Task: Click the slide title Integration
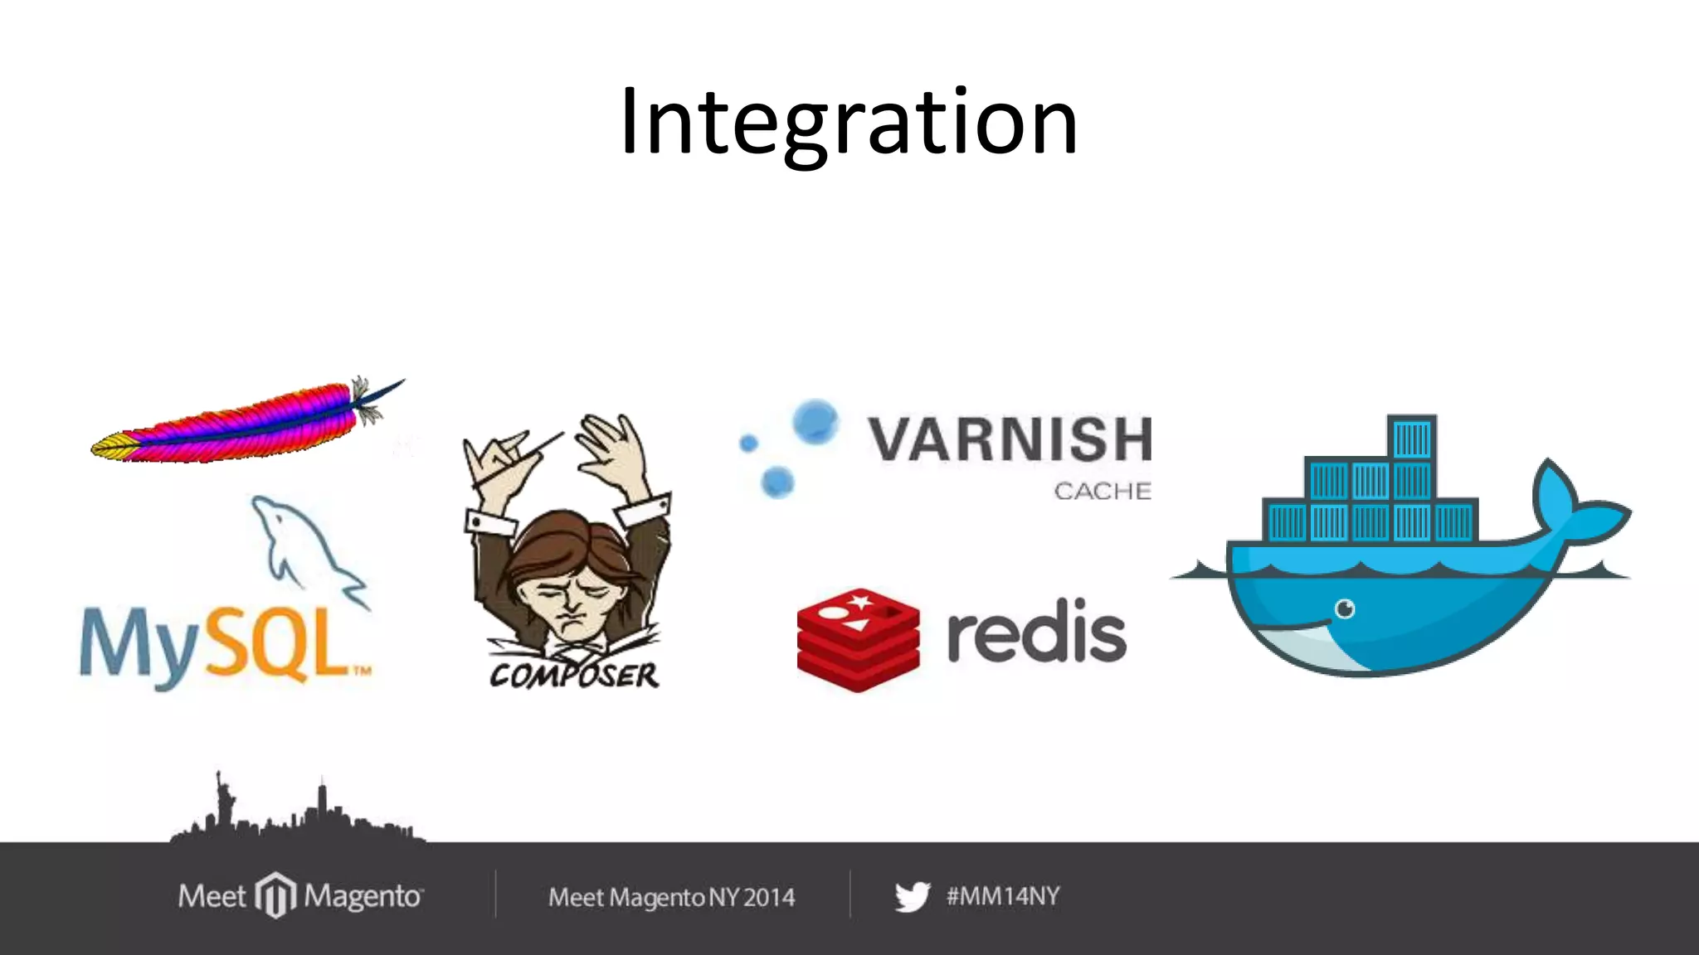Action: point(848,123)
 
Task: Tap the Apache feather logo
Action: point(241,424)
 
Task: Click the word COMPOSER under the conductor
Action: point(574,676)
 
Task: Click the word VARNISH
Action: point(1010,439)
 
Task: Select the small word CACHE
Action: point(1102,492)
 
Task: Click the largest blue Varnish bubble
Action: point(815,421)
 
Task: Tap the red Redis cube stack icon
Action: point(858,639)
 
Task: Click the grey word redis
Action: point(1036,634)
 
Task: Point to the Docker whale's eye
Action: point(1345,609)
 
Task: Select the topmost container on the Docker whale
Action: point(1411,438)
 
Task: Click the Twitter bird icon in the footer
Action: point(913,897)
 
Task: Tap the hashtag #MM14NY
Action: point(1003,896)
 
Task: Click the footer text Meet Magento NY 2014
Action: point(671,897)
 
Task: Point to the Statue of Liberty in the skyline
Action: point(222,799)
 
